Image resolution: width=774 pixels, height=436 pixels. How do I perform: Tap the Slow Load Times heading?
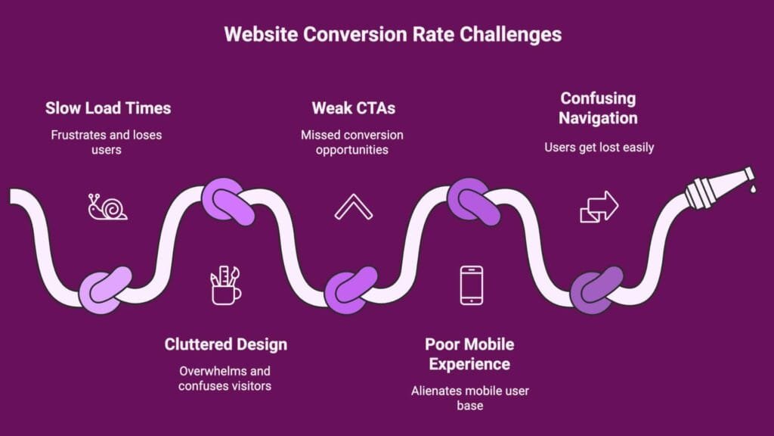coord(108,107)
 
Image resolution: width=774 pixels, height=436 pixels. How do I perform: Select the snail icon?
coord(107,207)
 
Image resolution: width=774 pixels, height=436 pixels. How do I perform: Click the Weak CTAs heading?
coord(353,107)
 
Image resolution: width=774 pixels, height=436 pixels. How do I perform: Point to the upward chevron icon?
coord(353,207)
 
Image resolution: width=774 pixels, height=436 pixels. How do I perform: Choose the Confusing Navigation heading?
coord(599,107)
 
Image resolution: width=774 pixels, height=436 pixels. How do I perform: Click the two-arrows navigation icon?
coord(599,207)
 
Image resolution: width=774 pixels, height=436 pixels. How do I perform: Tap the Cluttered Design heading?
coord(225,344)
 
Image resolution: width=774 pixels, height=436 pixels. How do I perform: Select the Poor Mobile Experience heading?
coord(469,353)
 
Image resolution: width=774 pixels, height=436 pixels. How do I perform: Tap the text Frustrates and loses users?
coord(107,142)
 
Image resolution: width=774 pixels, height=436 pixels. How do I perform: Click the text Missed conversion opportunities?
coord(352,142)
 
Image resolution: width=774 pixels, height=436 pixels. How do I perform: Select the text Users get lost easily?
coord(599,147)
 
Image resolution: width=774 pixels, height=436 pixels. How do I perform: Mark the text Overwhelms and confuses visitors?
coord(224,378)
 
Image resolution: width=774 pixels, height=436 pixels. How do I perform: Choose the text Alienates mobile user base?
coord(469,398)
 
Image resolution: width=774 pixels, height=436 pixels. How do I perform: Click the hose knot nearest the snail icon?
coord(106,288)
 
